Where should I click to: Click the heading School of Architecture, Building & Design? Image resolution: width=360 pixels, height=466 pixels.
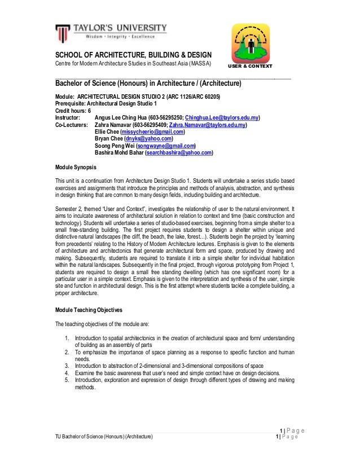(x=133, y=55)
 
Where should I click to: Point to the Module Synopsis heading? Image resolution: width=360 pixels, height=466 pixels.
(x=76, y=168)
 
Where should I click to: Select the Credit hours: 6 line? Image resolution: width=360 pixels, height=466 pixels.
(x=73, y=111)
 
